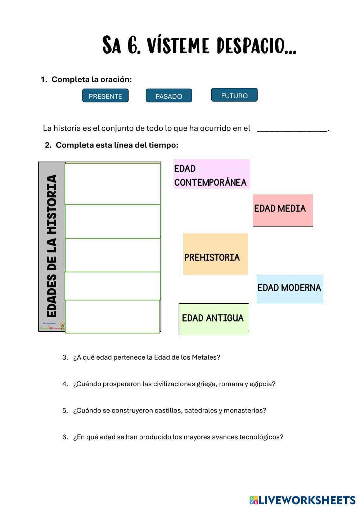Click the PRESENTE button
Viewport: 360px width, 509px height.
(x=105, y=96)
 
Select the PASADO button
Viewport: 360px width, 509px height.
(x=169, y=96)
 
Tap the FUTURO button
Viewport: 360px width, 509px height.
(x=234, y=95)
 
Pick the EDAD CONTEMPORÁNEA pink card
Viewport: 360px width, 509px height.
(x=211, y=174)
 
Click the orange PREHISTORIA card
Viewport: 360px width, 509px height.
(x=215, y=254)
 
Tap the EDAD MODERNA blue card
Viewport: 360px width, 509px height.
(x=289, y=288)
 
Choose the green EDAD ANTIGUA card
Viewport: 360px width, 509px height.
(x=213, y=319)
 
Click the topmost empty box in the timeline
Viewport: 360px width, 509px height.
(x=112, y=184)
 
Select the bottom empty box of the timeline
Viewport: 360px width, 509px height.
(x=112, y=316)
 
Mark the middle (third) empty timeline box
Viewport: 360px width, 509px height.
(x=112, y=255)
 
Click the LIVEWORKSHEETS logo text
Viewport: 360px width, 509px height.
(x=306, y=500)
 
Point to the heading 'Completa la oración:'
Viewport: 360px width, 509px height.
(x=91, y=80)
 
